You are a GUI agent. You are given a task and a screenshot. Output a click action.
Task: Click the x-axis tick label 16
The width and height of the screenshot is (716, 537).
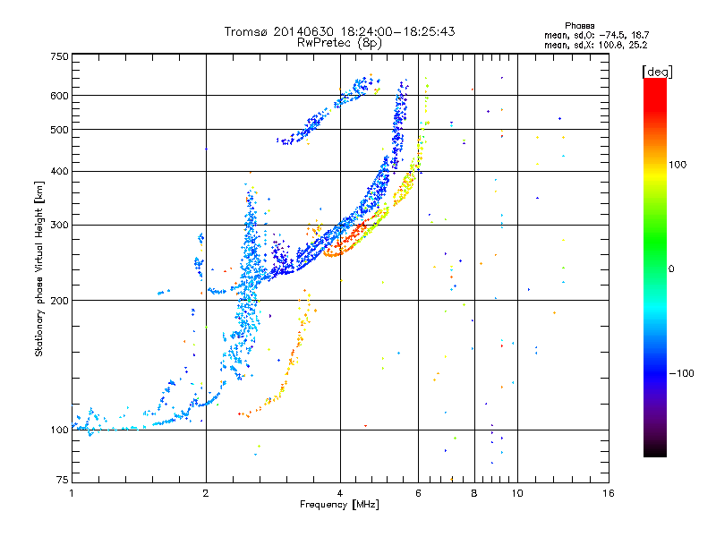[x=608, y=493]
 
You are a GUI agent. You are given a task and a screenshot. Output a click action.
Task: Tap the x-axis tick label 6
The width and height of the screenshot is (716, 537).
[x=419, y=493]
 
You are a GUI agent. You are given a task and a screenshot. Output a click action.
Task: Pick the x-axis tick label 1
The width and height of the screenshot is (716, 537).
[x=72, y=493]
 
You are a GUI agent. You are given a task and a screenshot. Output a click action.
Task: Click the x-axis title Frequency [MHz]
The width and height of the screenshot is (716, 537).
[x=339, y=505]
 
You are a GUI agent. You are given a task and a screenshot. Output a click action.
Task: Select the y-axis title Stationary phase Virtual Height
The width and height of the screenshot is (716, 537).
[x=39, y=268]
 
